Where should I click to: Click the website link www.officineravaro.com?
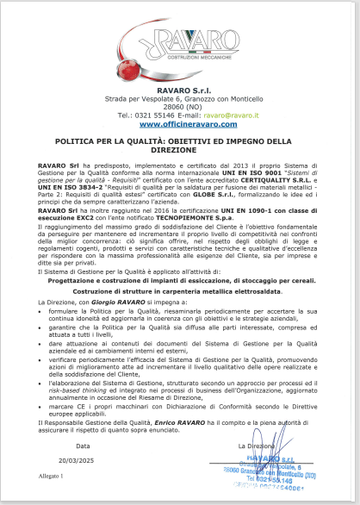click(x=181, y=124)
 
